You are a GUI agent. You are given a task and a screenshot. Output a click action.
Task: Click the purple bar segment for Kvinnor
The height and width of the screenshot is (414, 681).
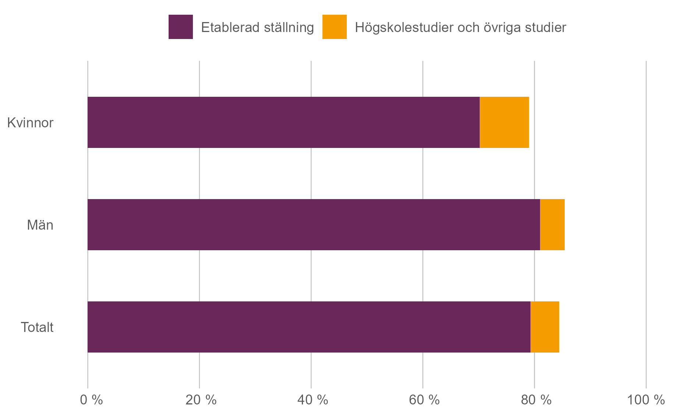tap(283, 122)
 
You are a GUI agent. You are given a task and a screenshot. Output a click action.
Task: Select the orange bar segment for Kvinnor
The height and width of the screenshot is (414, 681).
tap(504, 122)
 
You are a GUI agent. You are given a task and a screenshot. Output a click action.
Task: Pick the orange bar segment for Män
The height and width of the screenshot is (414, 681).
tap(552, 224)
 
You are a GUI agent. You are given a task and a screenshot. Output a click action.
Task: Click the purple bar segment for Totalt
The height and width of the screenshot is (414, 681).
tap(309, 327)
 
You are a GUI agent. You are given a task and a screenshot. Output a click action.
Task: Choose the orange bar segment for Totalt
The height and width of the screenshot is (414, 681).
tap(545, 327)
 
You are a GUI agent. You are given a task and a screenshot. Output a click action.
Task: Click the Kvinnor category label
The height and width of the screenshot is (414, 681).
tap(30, 123)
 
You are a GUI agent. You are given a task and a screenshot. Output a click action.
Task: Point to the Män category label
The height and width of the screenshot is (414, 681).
tap(40, 225)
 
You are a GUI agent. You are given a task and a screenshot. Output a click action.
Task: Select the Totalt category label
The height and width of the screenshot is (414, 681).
tap(37, 327)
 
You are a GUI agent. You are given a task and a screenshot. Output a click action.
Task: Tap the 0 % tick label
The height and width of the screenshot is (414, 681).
tap(91, 400)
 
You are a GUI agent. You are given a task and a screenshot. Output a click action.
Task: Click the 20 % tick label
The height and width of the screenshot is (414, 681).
tap(201, 400)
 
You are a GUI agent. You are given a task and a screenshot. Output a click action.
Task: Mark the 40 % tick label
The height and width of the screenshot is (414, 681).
tap(313, 400)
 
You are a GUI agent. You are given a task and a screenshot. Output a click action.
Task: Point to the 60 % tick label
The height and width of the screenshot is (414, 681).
tap(424, 400)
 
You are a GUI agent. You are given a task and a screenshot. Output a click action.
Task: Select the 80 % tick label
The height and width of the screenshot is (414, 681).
tap(536, 400)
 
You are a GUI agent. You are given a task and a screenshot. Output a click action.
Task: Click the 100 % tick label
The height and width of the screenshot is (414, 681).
tap(646, 400)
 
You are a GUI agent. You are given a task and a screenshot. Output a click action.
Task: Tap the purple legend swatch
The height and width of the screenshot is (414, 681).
tap(180, 27)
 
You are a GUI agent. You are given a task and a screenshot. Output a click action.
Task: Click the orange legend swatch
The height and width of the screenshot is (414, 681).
tap(334, 27)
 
